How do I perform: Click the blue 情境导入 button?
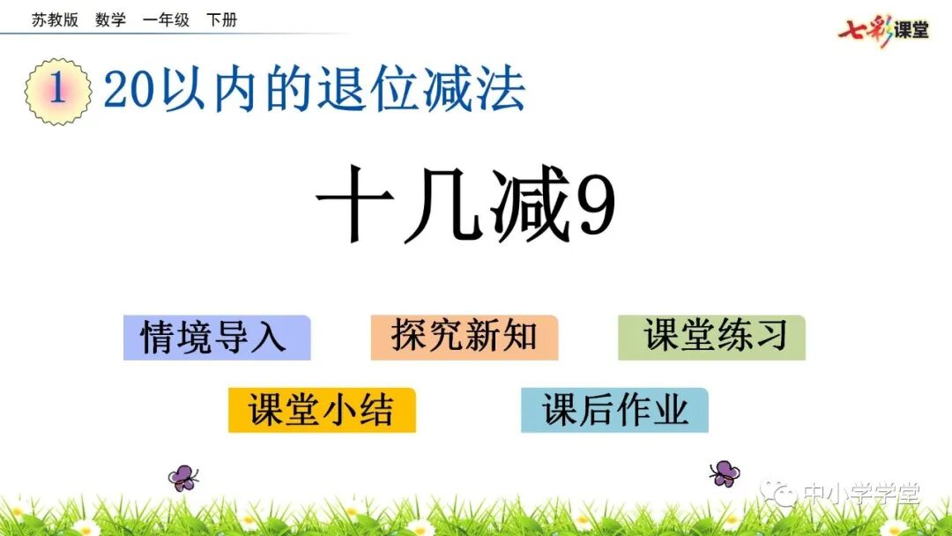point(217,338)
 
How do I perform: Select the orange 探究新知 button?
point(465,338)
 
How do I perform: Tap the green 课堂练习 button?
point(711,338)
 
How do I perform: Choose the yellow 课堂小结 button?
point(322,410)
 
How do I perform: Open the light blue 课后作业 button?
point(614,410)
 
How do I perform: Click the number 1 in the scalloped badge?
point(58,91)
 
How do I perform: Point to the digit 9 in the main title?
point(595,212)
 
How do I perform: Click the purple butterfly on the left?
point(183,477)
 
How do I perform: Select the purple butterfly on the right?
point(725,473)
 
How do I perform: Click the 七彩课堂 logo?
point(883,30)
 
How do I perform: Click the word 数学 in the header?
point(110,19)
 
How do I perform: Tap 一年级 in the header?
point(166,19)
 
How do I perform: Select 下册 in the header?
point(221,19)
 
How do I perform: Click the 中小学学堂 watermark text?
point(860,495)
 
